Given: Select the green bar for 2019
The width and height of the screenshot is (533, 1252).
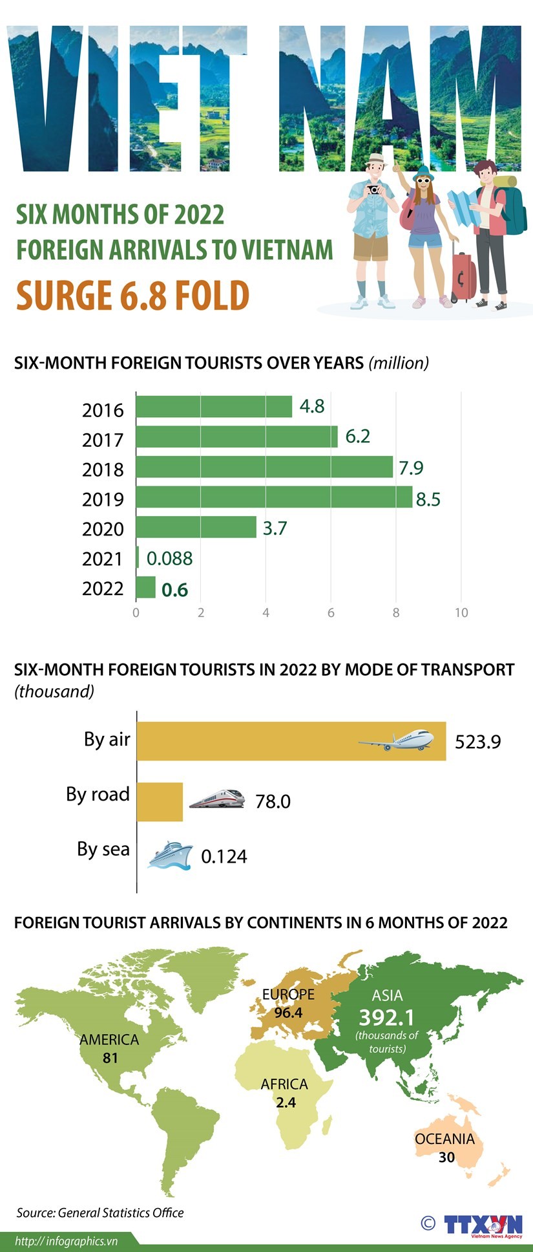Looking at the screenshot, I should click(274, 497).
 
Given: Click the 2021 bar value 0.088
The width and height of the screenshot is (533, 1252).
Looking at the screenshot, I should click(169, 558).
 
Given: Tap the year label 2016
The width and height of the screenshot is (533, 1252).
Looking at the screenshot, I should click(103, 410).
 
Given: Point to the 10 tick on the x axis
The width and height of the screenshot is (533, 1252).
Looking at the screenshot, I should click(461, 612).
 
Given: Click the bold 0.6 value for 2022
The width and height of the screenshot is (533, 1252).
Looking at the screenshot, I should click(174, 590).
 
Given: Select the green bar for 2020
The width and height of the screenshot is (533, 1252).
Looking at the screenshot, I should click(196, 527).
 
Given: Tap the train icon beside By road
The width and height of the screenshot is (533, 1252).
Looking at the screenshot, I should click(217, 799).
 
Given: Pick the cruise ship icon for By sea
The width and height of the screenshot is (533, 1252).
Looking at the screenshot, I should click(170, 855).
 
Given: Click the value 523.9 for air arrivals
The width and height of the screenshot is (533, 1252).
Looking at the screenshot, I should click(477, 741).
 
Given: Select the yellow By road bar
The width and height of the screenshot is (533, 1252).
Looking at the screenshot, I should click(160, 801).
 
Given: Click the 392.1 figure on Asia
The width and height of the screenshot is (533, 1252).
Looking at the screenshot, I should click(386, 1017).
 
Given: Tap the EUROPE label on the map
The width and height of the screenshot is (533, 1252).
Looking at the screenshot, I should click(288, 995).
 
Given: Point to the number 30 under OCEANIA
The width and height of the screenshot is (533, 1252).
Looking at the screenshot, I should click(446, 1158).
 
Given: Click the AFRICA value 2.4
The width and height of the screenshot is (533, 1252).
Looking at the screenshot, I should click(286, 1102).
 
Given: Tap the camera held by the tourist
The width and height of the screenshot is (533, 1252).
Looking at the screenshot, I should click(373, 189).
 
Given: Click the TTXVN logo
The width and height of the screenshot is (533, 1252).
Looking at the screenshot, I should click(483, 1224).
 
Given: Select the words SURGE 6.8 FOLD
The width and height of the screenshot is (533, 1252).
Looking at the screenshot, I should click(132, 296).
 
